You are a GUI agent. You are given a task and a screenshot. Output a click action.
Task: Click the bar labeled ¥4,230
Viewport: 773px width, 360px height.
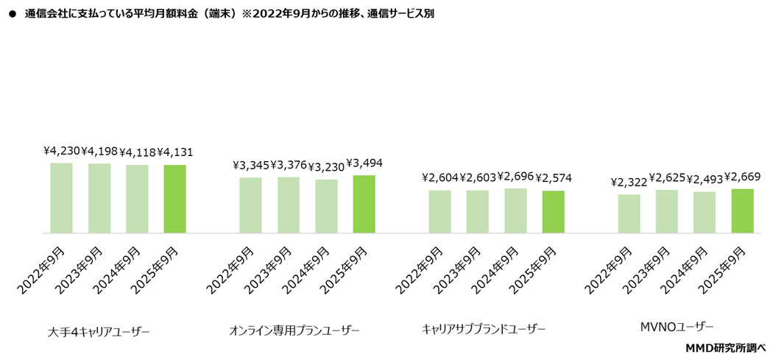pos(61,197)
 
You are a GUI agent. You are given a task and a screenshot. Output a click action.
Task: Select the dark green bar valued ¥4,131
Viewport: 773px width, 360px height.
pos(174,199)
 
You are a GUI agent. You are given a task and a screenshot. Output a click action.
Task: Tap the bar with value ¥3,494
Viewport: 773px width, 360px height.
pos(364,204)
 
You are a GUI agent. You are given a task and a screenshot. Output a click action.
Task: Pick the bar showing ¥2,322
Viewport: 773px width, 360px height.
pos(629,213)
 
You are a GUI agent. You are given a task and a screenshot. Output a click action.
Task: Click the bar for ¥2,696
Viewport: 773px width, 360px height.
pos(515,211)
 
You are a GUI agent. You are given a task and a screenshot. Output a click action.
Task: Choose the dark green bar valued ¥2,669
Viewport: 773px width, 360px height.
pos(742,211)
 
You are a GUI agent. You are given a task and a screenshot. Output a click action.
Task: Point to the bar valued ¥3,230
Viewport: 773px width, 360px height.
pos(326,206)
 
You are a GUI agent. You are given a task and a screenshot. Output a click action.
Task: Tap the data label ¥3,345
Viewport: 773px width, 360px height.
pos(251,165)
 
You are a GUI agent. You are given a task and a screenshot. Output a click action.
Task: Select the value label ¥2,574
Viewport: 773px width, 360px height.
pos(554,178)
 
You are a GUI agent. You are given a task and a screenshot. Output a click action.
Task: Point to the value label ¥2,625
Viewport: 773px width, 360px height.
pos(667,177)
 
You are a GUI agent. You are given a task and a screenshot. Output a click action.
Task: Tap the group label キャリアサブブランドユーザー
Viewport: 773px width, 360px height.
pos(484,329)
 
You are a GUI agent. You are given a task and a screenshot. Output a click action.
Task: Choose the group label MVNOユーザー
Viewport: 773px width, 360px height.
pos(677,326)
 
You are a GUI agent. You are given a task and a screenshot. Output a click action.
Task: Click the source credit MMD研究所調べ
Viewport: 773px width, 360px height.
pos(726,347)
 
